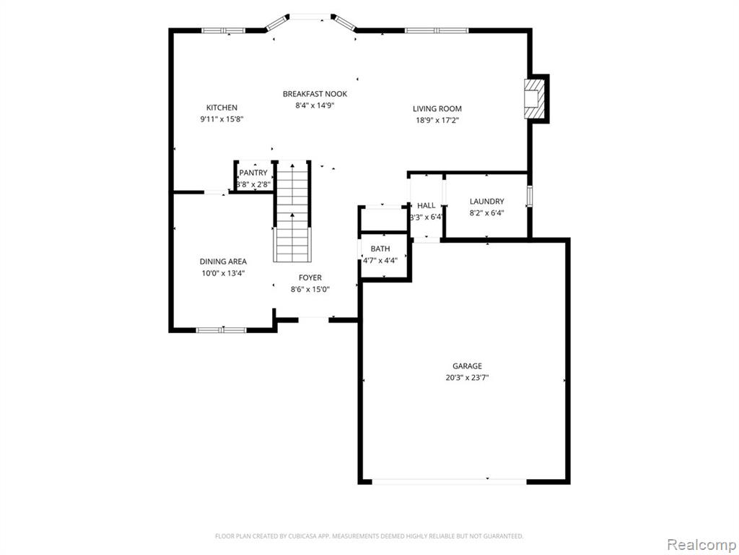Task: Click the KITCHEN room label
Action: [222, 108]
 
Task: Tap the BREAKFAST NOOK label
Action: [315, 94]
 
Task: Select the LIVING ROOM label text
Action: [437, 108]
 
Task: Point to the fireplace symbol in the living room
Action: [534, 98]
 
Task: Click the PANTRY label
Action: [253, 173]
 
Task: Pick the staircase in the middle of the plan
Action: [293, 212]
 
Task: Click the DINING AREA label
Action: [223, 262]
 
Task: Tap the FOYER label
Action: [310, 278]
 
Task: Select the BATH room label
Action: [380, 249]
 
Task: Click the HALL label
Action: [427, 205]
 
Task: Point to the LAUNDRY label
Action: [487, 202]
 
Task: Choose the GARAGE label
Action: [467, 366]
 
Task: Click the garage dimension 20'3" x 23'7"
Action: [467, 377]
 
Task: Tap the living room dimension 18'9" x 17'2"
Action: [437, 121]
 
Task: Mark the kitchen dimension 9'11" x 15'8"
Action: [222, 119]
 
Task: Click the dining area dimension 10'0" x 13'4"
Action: [223, 273]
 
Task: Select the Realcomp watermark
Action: [701, 544]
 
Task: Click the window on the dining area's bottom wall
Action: [222, 330]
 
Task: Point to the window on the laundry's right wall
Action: [529, 197]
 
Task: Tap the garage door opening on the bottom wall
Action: [449, 481]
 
